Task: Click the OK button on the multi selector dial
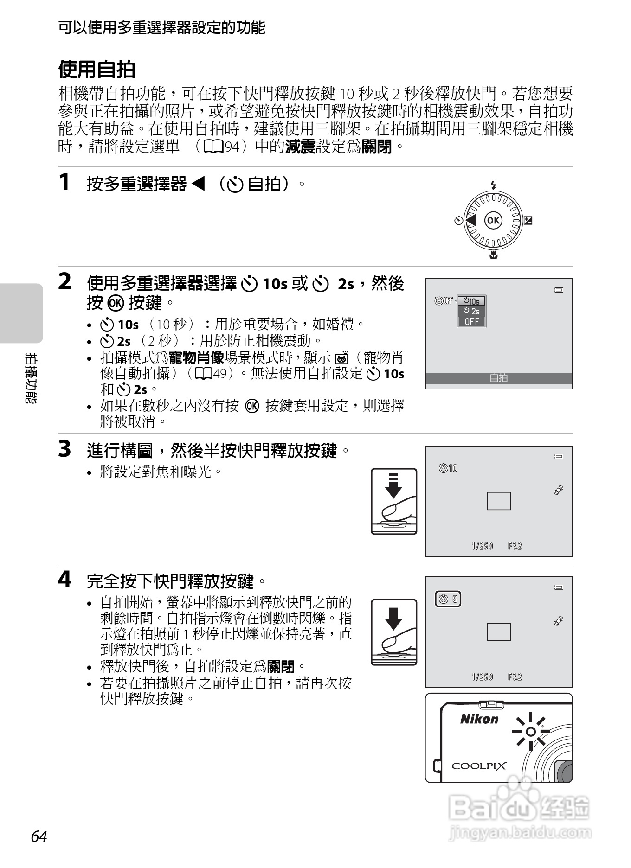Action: [x=493, y=220]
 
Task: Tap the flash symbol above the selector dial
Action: [x=493, y=185]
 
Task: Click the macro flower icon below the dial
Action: [x=493, y=255]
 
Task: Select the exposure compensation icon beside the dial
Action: [x=528, y=220]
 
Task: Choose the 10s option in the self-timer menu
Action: [x=471, y=301]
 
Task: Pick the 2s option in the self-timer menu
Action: [x=471, y=311]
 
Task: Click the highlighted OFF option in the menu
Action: [x=471, y=322]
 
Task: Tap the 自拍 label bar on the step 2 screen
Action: [x=499, y=378]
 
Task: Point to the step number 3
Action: [x=64, y=449]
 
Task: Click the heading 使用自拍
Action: [x=97, y=70]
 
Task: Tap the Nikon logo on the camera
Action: [x=479, y=719]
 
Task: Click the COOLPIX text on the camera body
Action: [x=479, y=766]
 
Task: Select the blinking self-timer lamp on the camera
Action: [x=531, y=732]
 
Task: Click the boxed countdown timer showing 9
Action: [x=448, y=599]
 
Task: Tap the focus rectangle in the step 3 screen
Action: [x=499, y=501]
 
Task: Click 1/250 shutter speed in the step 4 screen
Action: [x=482, y=677]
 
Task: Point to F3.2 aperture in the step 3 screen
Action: [x=515, y=546]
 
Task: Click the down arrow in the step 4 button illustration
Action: [x=393, y=619]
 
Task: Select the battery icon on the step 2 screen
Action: [x=559, y=290]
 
